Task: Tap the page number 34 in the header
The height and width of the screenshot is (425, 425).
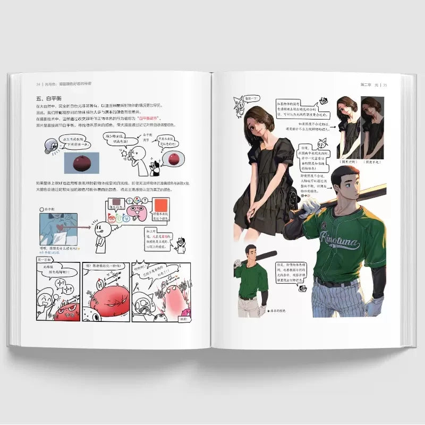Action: click(x=38, y=84)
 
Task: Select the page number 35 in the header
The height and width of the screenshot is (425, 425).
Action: click(x=385, y=84)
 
